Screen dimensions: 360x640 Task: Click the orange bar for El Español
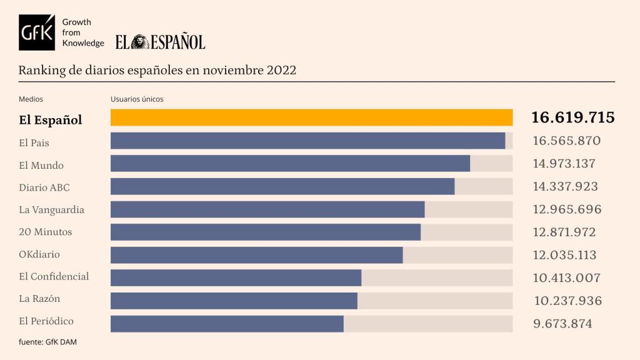coord(311,117)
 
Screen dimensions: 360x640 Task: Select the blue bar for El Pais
coord(307,141)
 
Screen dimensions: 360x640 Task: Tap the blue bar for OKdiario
coord(256,255)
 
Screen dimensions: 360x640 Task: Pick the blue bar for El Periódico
coord(227,323)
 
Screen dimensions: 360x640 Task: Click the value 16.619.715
coord(572,117)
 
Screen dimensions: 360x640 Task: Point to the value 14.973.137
coord(564,164)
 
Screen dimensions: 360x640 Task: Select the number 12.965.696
coord(567,209)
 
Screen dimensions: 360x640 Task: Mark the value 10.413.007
coord(566,278)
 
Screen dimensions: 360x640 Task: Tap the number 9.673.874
coord(562,324)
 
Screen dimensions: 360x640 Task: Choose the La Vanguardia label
coord(51,209)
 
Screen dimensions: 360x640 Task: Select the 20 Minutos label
coord(46,232)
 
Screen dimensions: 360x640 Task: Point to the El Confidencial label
coord(54,276)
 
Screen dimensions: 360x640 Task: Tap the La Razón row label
coord(39,299)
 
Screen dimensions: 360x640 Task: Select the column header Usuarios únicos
coord(137,99)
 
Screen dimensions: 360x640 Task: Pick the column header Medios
coord(31,99)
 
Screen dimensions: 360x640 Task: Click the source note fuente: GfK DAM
coord(47,342)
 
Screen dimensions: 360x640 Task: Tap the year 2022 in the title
coord(281,70)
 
